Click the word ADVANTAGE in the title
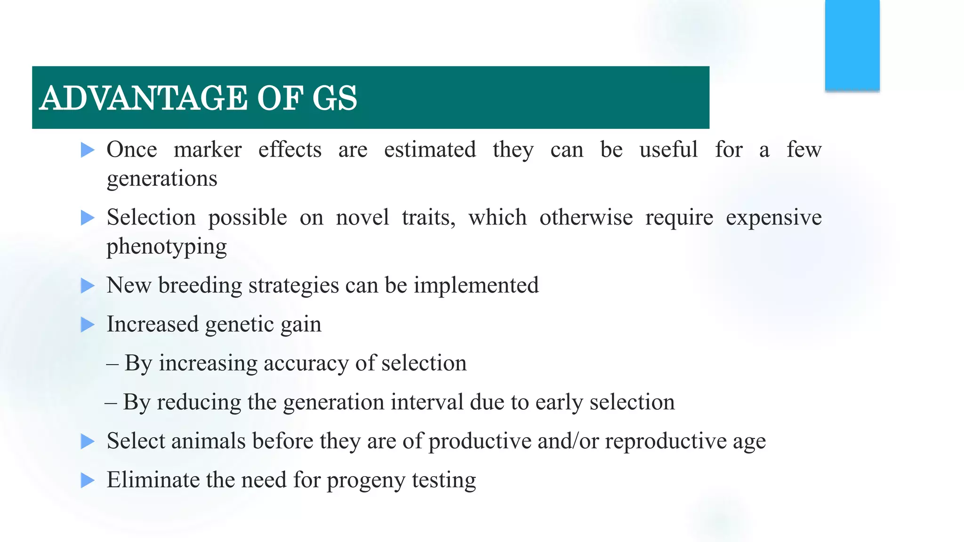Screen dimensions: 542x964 coord(144,98)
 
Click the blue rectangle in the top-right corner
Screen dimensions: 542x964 coord(852,45)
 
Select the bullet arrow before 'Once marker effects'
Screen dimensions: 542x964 coord(88,150)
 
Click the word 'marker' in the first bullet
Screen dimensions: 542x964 coord(208,150)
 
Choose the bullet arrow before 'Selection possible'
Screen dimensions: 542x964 coord(88,218)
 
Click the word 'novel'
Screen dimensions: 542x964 coord(362,218)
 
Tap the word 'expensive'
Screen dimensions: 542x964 coord(773,218)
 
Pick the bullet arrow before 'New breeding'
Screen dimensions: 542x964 coord(88,286)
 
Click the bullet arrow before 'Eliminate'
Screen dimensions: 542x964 coord(88,480)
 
